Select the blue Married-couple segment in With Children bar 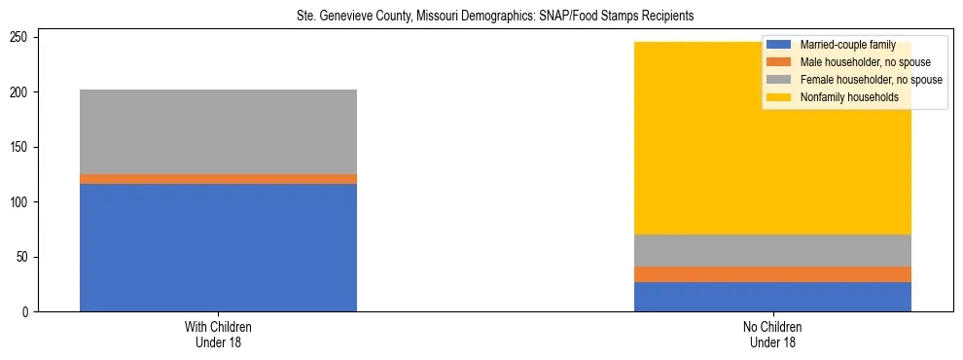click(x=218, y=247)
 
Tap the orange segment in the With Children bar click(x=218, y=179)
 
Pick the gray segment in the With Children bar click(x=218, y=131)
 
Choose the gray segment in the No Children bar click(x=772, y=250)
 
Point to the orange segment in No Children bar click(x=772, y=274)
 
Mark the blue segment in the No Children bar click(x=772, y=297)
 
